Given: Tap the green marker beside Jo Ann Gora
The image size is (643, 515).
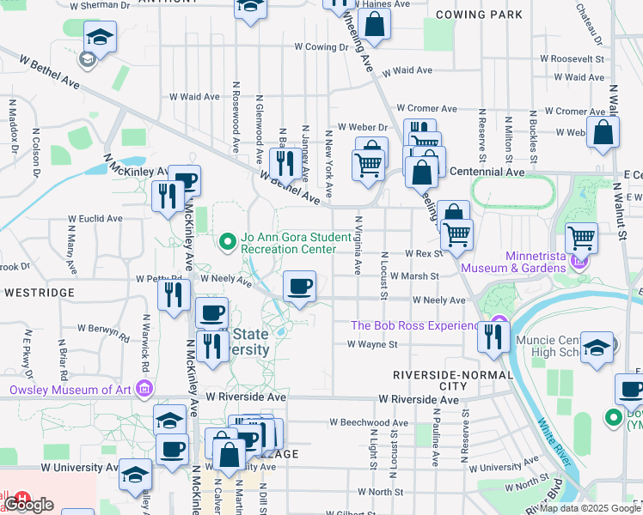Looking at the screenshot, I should click(x=228, y=242).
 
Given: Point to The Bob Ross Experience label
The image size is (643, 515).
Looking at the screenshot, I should click(x=414, y=326).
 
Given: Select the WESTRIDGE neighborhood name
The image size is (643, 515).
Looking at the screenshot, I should click(x=40, y=293).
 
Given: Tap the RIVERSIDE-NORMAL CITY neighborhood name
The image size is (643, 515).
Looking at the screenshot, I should click(x=441, y=382).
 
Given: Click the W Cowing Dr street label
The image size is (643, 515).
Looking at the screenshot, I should click(x=320, y=47).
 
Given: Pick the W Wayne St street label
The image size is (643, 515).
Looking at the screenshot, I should click(x=372, y=344).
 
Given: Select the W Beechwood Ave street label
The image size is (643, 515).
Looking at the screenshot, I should click(x=370, y=423).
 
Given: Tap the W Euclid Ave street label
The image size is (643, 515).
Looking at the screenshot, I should click(x=95, y=219).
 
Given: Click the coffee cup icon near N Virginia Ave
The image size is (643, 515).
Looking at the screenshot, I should click(x=299, y=287).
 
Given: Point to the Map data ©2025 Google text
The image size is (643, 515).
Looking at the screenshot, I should click(x=590, y=508).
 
